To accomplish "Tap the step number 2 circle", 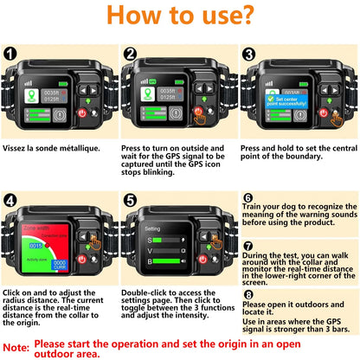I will [131, 52].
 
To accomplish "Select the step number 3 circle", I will [250, 52].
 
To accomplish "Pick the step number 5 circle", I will [131, 200].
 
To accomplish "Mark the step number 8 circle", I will [247, 294].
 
